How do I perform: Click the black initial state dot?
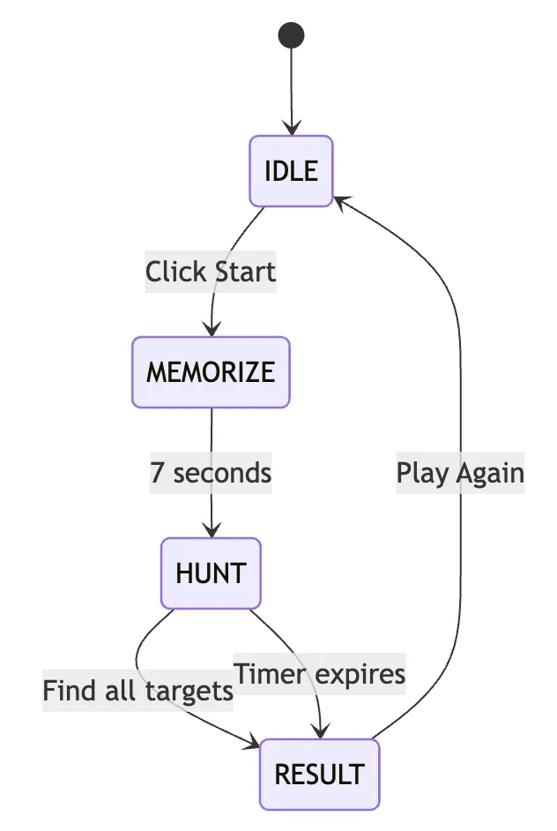point(291,35)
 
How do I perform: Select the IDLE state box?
point(291,171)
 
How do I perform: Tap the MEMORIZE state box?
point(211,372)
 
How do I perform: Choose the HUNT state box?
point(211,573)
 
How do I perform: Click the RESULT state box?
point(319,775)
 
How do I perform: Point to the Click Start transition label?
point(211,272)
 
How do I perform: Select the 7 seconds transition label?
point(211,473)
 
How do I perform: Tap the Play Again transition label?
point(460,473)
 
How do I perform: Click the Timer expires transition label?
point(319,674)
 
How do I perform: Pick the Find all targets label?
point(137,691)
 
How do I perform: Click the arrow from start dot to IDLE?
point(291,88)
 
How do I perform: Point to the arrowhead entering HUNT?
point(212,531)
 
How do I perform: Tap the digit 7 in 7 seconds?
point(158,473)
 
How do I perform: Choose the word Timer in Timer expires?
point(271,674)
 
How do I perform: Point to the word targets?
point(192,691)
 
